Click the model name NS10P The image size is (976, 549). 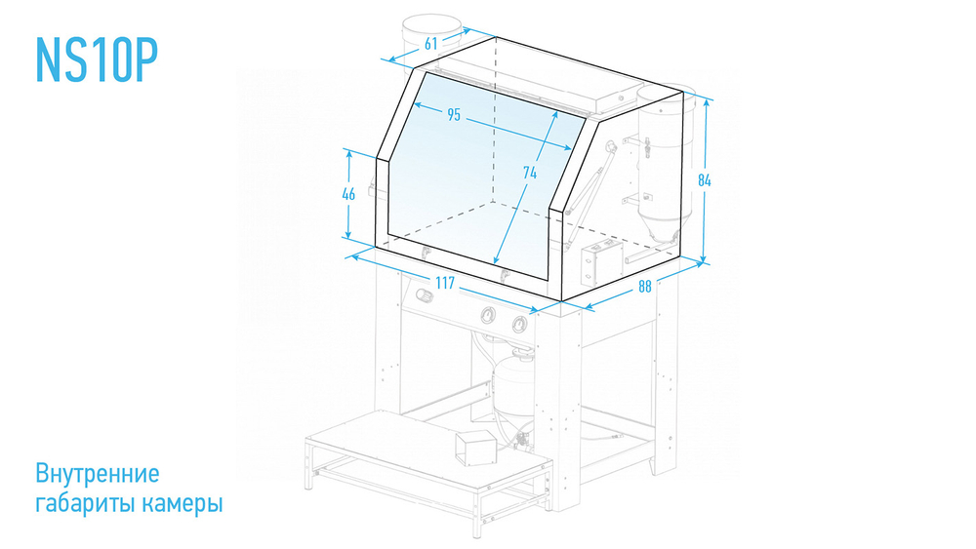[97, 59]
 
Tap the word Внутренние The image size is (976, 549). [97, 474]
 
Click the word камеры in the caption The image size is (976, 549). [182, 503]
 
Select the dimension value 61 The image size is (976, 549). [430, 44]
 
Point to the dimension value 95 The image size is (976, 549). [454, 115]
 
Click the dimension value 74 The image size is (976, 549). [530, 173]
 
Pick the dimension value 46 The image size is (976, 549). [348, 194]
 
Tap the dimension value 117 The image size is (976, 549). [445, 284]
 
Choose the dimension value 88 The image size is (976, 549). [645, 287]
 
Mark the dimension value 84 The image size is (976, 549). [704, 180]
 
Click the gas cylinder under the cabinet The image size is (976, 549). [513, 385]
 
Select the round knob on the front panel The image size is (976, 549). [425, 294]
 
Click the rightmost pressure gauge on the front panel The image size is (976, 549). [518, 324]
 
